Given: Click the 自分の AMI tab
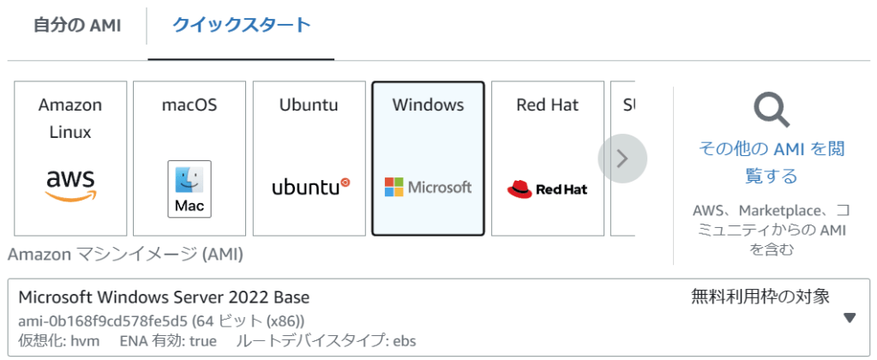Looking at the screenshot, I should pos(77,26).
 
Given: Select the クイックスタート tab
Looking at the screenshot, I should pos(241,26).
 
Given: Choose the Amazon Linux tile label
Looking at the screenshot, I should pos(70,118).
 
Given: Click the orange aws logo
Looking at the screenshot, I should pos(70,184).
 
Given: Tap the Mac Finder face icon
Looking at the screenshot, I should pos(189,180).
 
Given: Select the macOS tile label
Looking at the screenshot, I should pos(189,105).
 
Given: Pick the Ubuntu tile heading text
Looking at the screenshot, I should pos(309,105).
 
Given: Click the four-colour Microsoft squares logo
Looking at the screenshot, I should pos(393,187).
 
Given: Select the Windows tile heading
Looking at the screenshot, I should pos(428,105).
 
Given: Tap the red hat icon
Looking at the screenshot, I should pos(520,189).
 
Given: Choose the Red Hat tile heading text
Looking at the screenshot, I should pos(547,105).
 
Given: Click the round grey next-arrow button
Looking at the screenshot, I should pos(622,159).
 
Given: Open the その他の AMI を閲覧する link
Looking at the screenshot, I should pos(772,163).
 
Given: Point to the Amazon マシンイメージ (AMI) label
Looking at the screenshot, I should pos(125,255).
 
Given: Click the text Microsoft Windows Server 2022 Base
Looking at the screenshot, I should pos(164,297).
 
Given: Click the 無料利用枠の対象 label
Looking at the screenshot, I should pos(760,297).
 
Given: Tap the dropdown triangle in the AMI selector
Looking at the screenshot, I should pos(850,318).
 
